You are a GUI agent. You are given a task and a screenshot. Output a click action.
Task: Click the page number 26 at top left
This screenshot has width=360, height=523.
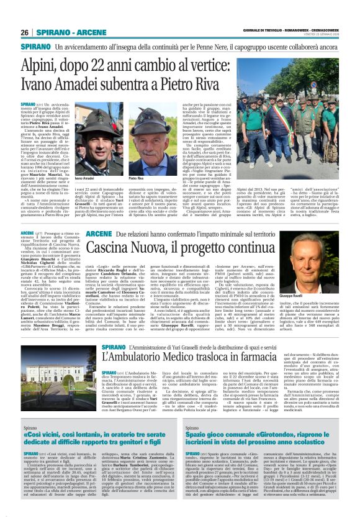click(x=25, y=32)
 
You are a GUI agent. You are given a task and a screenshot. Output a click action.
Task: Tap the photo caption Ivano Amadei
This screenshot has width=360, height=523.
click(x=84, y=178)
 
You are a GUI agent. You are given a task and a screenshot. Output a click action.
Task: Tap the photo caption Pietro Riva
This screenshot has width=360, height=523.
click(x=136, y=178)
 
